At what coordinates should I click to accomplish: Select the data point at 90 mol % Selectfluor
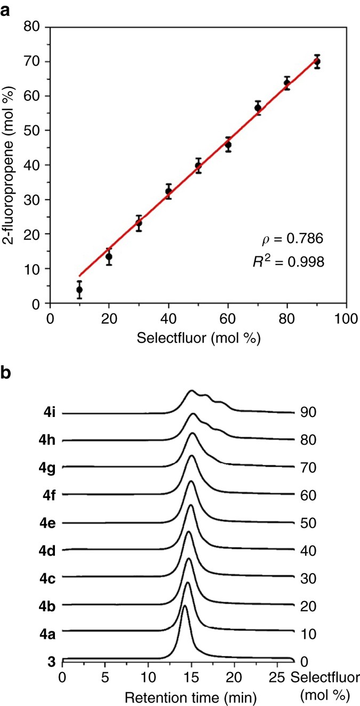(317, 62)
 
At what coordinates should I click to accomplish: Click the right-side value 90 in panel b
(308, 413)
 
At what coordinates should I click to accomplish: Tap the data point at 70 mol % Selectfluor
(258, 108)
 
